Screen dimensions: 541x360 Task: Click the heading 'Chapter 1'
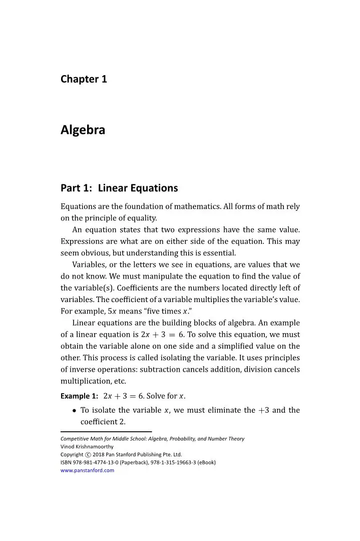(x=84, y=79)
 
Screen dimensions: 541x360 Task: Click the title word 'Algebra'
(x=83, y=130)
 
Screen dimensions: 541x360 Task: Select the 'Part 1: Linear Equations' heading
(x=119, y=188)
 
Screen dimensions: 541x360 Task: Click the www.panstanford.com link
(x=87, y=470)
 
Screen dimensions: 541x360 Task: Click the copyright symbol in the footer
(x=88, y=454)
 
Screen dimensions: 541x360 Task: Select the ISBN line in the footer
(x=138, y=462)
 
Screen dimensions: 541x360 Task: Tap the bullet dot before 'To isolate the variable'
(x=74, y=410)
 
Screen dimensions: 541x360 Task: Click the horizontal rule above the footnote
(x=106, y=431)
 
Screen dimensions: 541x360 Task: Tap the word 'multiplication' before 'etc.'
(x=82, y=382)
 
